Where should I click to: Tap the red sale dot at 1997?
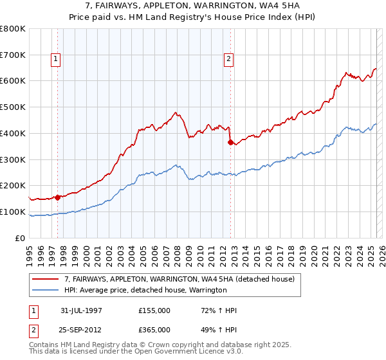[x=58, y=197]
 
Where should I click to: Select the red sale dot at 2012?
[x=230, y=143]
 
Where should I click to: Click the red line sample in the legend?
[x=46, y=279]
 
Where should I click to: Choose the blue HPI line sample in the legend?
[x=46, y=291]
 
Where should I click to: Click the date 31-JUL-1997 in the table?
[x=82, y=310]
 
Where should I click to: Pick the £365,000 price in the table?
[x=154, y=330]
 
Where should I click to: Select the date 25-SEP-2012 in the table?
[x=82, y=330]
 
